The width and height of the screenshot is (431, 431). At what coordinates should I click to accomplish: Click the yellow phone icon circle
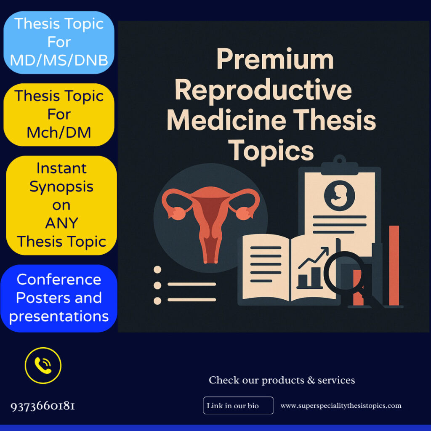43,365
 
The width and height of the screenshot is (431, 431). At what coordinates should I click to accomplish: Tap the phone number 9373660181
43,406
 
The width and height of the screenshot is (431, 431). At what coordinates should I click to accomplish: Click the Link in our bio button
238,406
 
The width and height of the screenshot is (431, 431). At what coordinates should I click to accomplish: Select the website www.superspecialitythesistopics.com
341,406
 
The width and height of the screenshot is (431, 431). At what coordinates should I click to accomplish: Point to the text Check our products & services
282,380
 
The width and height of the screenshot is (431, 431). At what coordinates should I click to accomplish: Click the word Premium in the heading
275,59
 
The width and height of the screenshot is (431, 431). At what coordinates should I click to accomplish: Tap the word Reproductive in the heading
263,90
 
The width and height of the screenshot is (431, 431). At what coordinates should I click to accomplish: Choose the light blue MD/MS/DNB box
59,43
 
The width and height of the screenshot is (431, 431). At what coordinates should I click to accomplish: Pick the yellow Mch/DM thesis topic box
59,114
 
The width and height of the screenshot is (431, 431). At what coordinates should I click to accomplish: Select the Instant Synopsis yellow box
61,205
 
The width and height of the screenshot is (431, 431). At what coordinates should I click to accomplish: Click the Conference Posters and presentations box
59,298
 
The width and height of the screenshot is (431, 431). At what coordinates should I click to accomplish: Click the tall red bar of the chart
394,265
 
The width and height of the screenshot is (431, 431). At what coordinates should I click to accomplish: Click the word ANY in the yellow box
61,223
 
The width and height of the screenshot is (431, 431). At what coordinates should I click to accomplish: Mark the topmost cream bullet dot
158,270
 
